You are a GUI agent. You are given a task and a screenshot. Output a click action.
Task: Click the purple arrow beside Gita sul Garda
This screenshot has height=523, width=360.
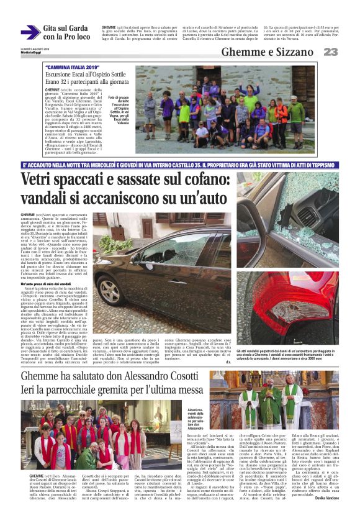click(x=30, y=32)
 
